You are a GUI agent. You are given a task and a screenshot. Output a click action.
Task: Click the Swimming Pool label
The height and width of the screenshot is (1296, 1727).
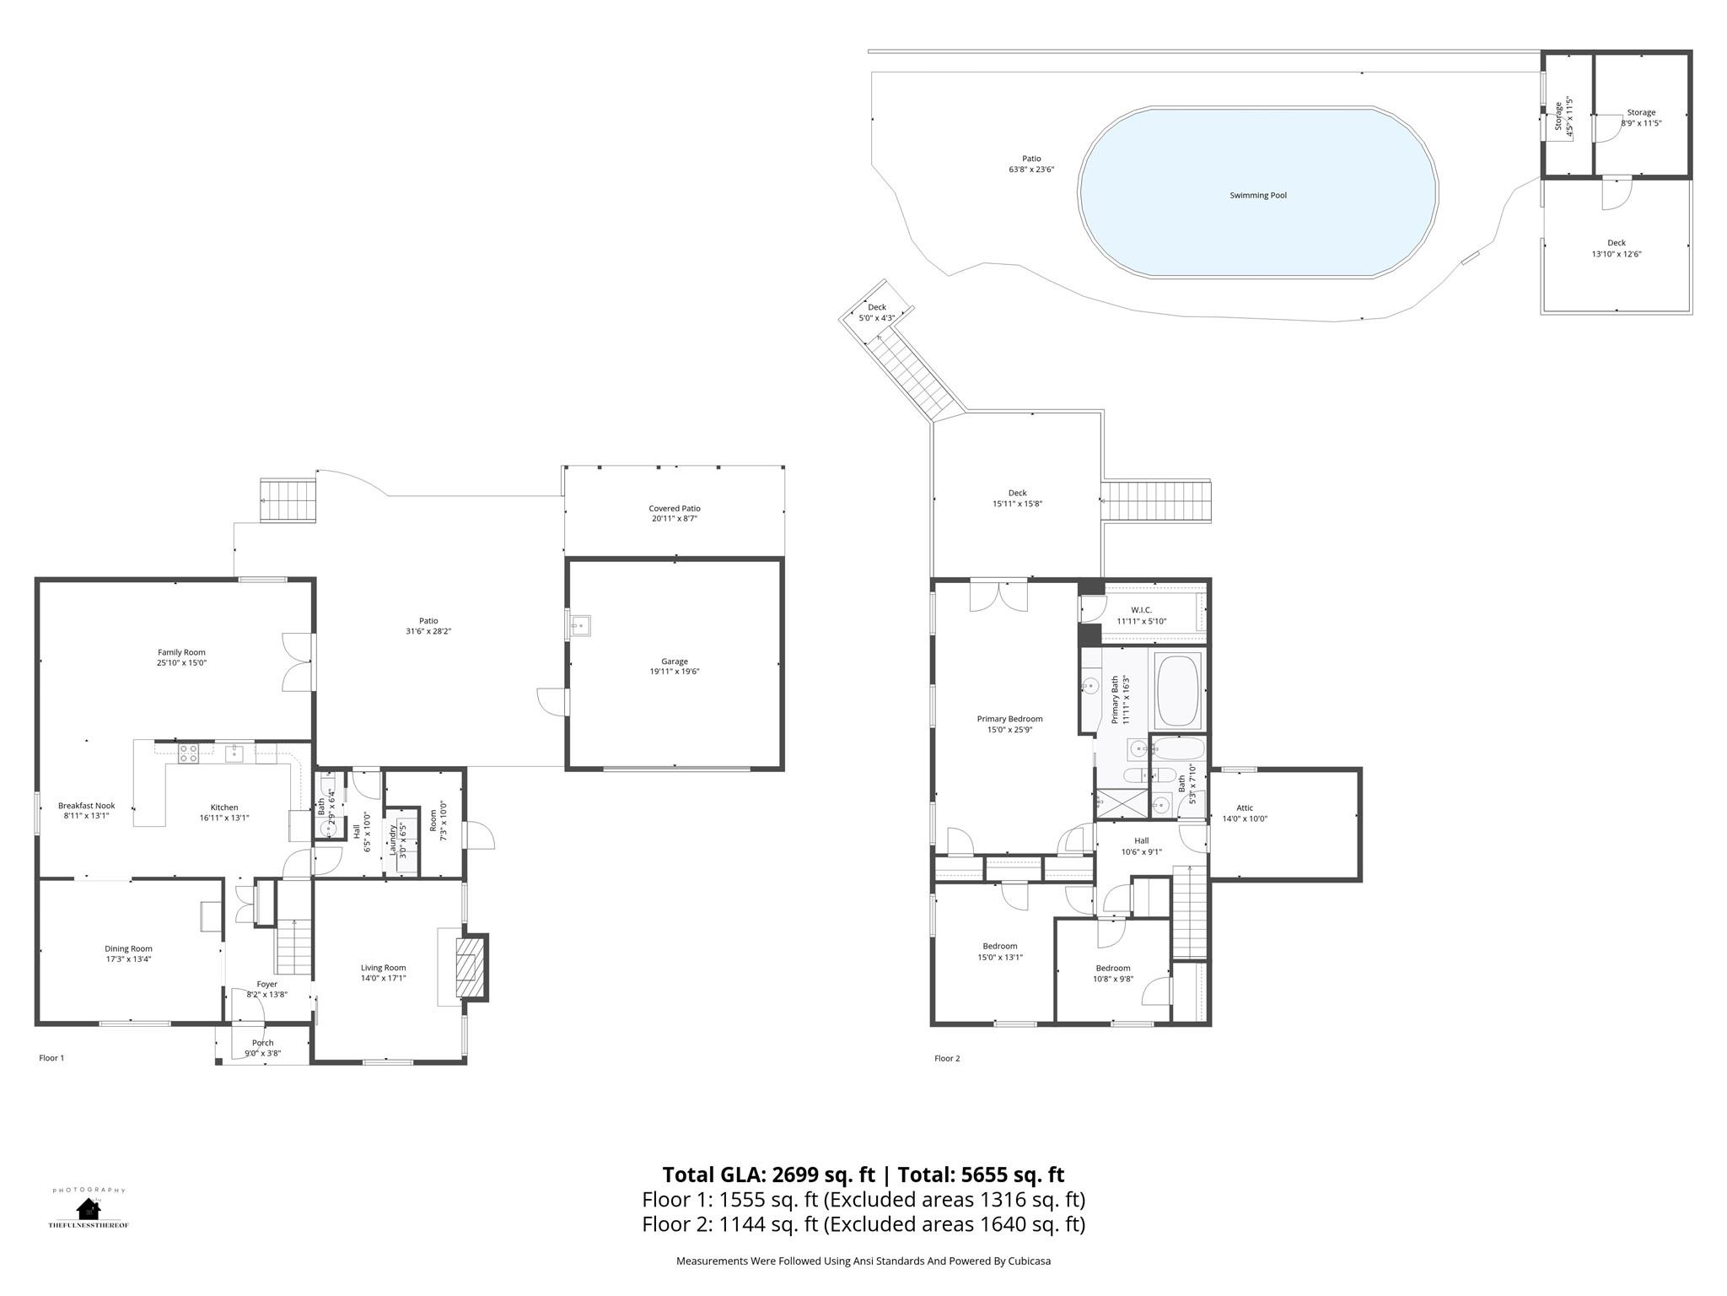click(x=1258, y=196)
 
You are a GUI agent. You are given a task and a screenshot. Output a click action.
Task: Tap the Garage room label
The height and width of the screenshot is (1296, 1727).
click(x=675, y=661)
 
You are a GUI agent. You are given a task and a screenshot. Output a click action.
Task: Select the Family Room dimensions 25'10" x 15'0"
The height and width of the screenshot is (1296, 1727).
click(x=181, y=663)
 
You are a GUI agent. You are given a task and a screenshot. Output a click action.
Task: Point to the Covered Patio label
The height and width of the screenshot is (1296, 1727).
click(x=675, y=509)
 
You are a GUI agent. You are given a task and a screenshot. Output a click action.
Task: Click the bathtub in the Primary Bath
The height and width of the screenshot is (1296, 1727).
click(x=1178, y=690)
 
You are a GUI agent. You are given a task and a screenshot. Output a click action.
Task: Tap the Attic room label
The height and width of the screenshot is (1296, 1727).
click(x=1245, y=808)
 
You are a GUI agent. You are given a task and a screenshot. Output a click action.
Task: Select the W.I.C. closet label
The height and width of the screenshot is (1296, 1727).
click(x=1141, y=610)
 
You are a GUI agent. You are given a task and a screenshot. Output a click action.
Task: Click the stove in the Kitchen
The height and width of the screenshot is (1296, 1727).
click(x=187, y=753)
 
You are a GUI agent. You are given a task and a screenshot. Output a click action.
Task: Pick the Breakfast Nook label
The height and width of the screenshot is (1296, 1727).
click(x=86, y=806)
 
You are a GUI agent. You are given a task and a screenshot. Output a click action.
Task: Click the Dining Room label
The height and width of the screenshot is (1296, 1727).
click(x=128, y=949)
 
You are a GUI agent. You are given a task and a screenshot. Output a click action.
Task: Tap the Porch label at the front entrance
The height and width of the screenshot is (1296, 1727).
click(x=262, y=1043)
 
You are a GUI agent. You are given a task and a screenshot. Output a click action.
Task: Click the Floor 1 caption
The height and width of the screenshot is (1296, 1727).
click(x=51, y=1058)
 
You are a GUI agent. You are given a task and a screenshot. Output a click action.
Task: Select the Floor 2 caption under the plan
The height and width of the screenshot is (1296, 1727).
click(x=947, y=1058)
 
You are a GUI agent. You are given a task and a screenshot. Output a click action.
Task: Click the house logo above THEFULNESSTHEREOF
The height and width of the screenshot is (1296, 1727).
click(x=89, y=1208)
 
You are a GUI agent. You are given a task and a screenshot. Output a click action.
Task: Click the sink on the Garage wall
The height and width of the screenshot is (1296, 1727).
click(x=579, y=625)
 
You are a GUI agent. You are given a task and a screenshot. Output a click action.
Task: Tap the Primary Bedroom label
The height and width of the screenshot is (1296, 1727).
click(x=1009, y=719)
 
